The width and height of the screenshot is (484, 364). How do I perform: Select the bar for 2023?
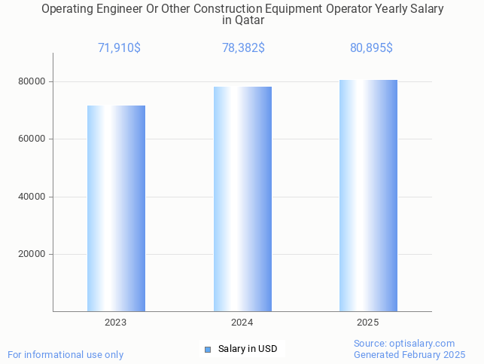click(x=116, y=208)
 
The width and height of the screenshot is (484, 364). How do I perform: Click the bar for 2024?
click(x=242, y=199)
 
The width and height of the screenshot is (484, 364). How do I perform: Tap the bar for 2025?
click(x=368, y=195)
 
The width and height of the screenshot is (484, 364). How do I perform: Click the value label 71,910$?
click(x=119, y=47)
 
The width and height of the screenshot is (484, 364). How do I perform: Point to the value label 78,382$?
click(x=243, y=47)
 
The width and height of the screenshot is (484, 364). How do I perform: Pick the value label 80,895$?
click(x=371, y=47)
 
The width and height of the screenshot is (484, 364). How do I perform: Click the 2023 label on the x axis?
click(x=116, y=323)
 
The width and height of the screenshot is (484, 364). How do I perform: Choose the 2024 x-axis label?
click(x=242, y=323)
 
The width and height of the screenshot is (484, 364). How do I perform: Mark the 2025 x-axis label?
click(x=368, y=323)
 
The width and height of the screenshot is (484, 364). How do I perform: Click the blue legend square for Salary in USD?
click(x=208, y=349)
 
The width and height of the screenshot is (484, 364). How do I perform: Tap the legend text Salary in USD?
click(x=248, y=349)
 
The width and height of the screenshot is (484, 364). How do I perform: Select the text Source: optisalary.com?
click(x=404, y=344)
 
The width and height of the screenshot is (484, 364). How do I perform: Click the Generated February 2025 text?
click(x=409, y=354)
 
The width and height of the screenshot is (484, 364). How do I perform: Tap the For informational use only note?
click(x=65, y=354)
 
